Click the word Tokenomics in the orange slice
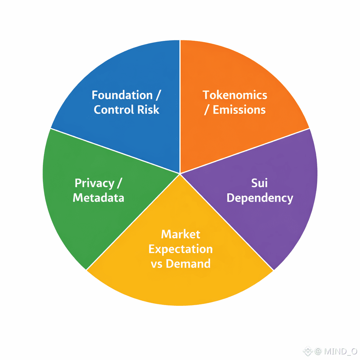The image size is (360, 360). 235,95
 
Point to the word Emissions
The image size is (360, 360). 239,110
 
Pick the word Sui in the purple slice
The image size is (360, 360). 259,183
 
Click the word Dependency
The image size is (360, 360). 259,198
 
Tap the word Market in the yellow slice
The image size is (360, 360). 181,234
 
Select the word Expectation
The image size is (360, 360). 181,249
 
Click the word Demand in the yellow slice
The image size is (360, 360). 188,264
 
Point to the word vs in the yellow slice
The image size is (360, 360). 157,264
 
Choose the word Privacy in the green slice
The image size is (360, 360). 94,183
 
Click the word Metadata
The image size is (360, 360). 98,198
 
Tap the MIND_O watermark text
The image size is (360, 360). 340,351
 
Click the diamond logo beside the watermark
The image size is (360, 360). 308,351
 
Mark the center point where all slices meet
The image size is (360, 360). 180,173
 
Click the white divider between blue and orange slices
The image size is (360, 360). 180,105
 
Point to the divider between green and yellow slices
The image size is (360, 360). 134,221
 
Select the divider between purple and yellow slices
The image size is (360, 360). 227,221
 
